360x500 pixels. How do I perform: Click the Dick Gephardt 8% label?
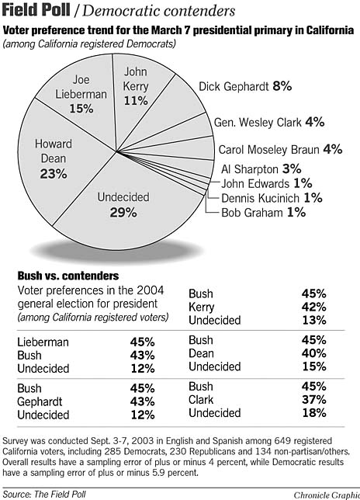pos(245,87)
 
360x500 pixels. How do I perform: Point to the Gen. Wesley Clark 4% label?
pos(269,122)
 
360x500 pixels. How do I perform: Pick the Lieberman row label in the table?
pos(43,341)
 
